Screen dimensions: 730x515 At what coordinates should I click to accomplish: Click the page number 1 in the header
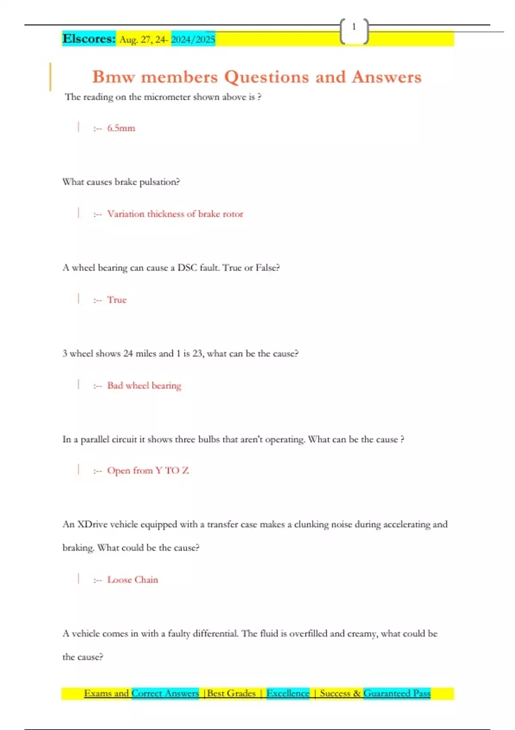pyautogui.click(x=354, y=27)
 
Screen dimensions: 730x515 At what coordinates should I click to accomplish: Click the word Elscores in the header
pyautogui.click(x=88, y=39)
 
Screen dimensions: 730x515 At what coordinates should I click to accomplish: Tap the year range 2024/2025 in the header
pyautogui.click(x=193, y=40)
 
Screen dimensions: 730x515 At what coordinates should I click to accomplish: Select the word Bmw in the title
pyautogui.click(x=113, y=77)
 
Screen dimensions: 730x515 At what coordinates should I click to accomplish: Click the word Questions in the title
pyautogui.click(x=266, y=77)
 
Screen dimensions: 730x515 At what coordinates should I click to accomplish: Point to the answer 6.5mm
pyautogui.click(x=121, y=128)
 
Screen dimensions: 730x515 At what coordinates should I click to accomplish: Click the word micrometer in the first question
pyautogui.click(x=167, y=97)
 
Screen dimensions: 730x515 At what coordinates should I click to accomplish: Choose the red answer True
pyautogui.click(x=117, y=300)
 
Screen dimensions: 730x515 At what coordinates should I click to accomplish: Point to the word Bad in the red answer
pyautogui.click(x=115, y=386)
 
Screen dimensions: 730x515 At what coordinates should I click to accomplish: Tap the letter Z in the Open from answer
pyautogui.click(x=185, y=471)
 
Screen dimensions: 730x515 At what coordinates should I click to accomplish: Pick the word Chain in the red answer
pyautogui.click(x=146, y=580)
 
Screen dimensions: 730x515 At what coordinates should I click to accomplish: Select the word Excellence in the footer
pyautogui.click(x=288, y=693)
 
